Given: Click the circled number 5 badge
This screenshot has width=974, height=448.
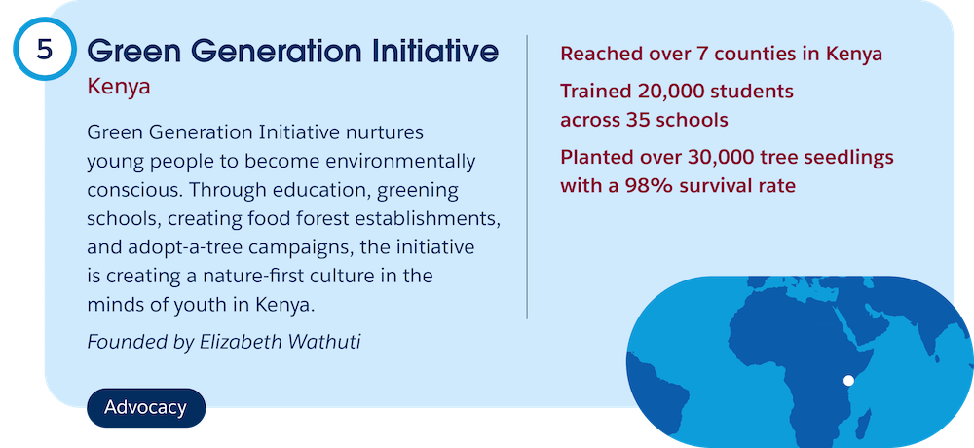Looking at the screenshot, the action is (44, 49).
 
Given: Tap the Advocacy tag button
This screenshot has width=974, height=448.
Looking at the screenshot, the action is (146, 408).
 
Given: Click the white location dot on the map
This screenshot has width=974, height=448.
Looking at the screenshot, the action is (848, 381).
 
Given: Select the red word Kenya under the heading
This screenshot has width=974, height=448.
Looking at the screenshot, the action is (119, 87).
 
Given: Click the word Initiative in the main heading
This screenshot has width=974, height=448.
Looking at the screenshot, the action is (433, 51).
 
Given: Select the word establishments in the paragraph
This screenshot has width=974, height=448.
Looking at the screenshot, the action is (438, 219).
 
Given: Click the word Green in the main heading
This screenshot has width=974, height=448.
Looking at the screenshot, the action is (130, 51).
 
